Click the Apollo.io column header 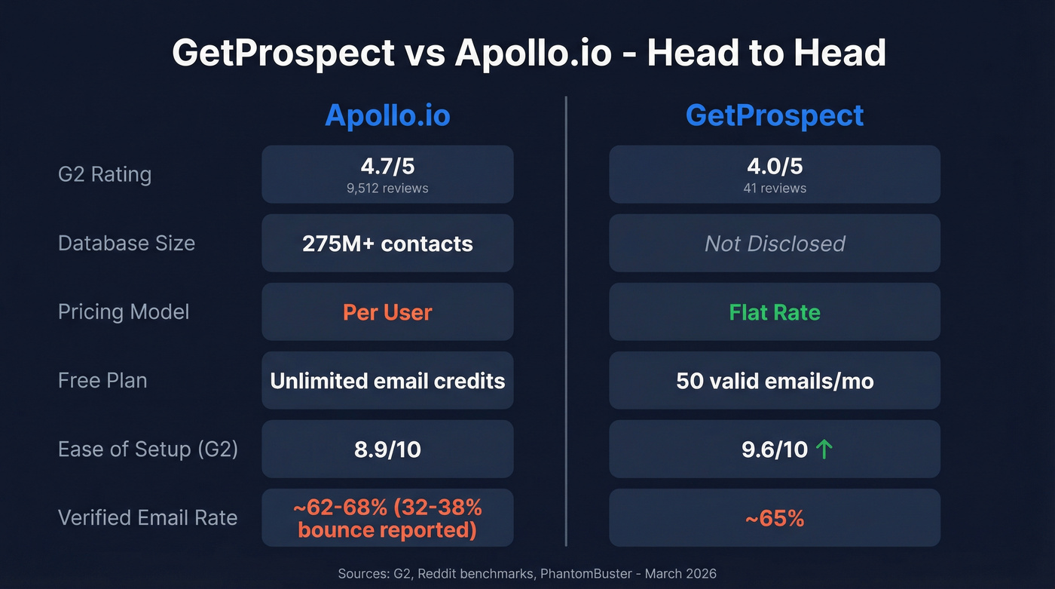pos(387,115)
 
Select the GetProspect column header pos(774,115)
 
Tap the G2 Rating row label pos(105,174)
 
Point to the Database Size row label pos(127,243)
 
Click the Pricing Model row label pos(124,311)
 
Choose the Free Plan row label pos(102,380)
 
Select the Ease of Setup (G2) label pos(148,449)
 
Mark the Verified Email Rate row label pos(148,517)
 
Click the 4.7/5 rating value pos(387,167)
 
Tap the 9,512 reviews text pos(387,189)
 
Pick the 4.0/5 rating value pos(774,167)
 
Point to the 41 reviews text pos(774,189)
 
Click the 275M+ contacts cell pos(387,244)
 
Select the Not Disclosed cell pos(774,244)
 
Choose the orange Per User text pos(387,312)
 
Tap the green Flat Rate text pos(774,312)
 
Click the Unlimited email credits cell pos(387,381)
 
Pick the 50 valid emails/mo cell pos(774,381)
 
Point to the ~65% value pos(774,518)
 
